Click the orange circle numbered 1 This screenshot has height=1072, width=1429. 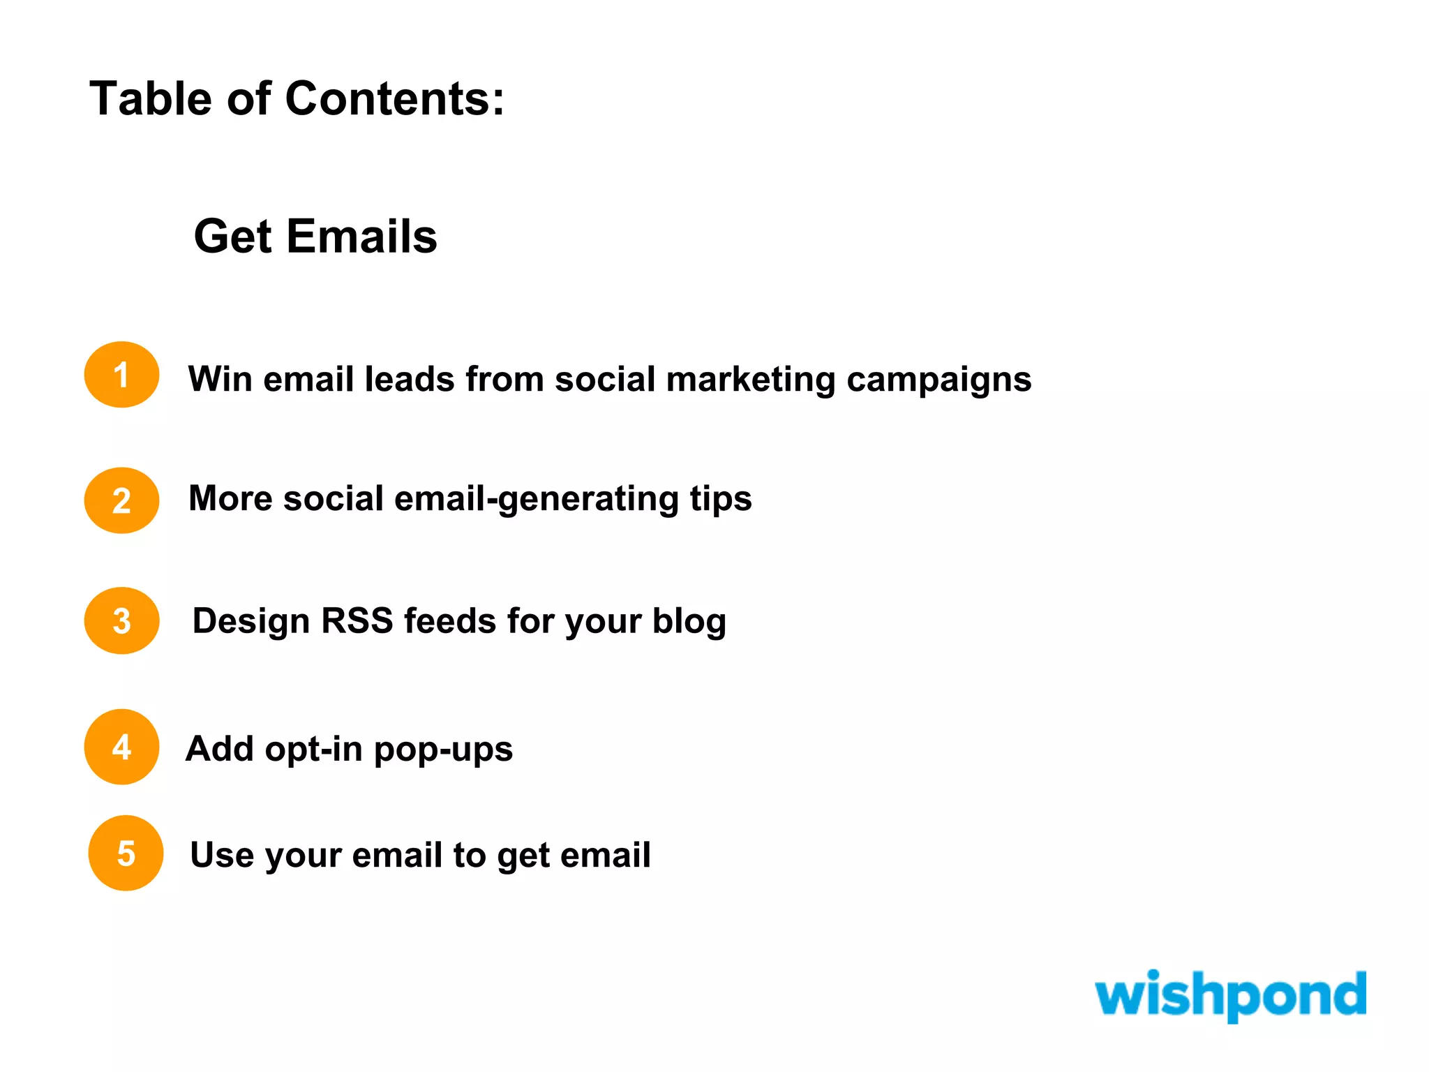(121, 375)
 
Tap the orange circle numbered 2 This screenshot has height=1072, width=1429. (121, 500)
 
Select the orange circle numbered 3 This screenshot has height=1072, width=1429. (121, 620)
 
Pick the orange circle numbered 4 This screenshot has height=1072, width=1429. (121, 747)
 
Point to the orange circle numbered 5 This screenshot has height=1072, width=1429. (126, 853)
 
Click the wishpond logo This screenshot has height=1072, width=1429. (1230, 994)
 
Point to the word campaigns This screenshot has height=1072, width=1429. (938, 380)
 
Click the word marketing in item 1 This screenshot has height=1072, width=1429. (750, 380)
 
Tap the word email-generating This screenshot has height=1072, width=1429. (536, 500)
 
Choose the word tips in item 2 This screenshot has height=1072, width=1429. (721, 500)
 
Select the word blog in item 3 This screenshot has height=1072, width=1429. (689, 621)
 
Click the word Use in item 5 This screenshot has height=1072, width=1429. (222, 854)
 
